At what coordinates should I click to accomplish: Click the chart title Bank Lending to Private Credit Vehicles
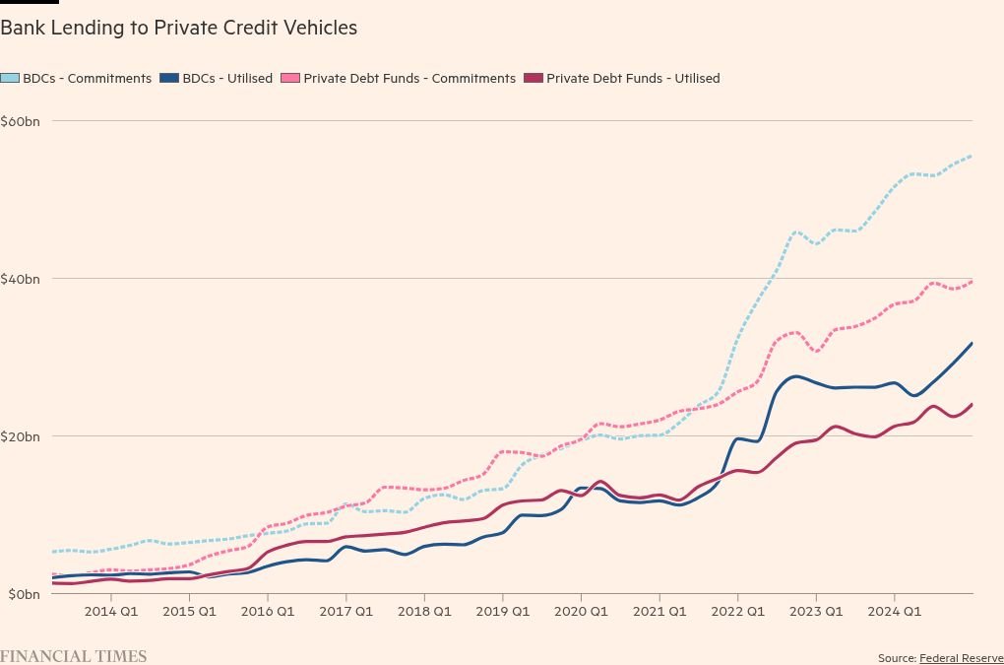click(178, 29)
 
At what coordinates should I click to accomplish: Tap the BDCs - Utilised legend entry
click(217, 78)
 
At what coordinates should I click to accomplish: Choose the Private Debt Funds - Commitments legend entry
click(399, 78)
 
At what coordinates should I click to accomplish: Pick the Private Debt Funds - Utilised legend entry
click(622, 78)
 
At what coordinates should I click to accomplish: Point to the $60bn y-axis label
click(20, 121)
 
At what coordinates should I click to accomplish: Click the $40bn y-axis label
click(20, 279)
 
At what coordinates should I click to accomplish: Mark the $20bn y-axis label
click(20, 436)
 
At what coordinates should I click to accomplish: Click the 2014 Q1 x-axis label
click(110, 612)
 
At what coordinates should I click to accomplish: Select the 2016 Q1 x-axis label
click(268, 612)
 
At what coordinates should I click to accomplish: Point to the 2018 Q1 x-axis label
click(424, 612)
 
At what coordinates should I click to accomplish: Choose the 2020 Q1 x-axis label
click(581, 612)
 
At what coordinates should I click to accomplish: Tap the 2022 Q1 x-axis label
click(737, 612)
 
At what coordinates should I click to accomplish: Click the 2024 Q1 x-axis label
click(894, 612)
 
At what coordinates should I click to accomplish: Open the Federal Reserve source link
click(961, 658)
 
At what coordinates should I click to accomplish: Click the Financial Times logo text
click(73, 656)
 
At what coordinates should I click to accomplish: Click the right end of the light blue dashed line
click(973, 155)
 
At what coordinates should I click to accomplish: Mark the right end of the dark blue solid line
click(973, 343)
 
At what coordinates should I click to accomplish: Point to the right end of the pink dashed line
click(973, 281)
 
